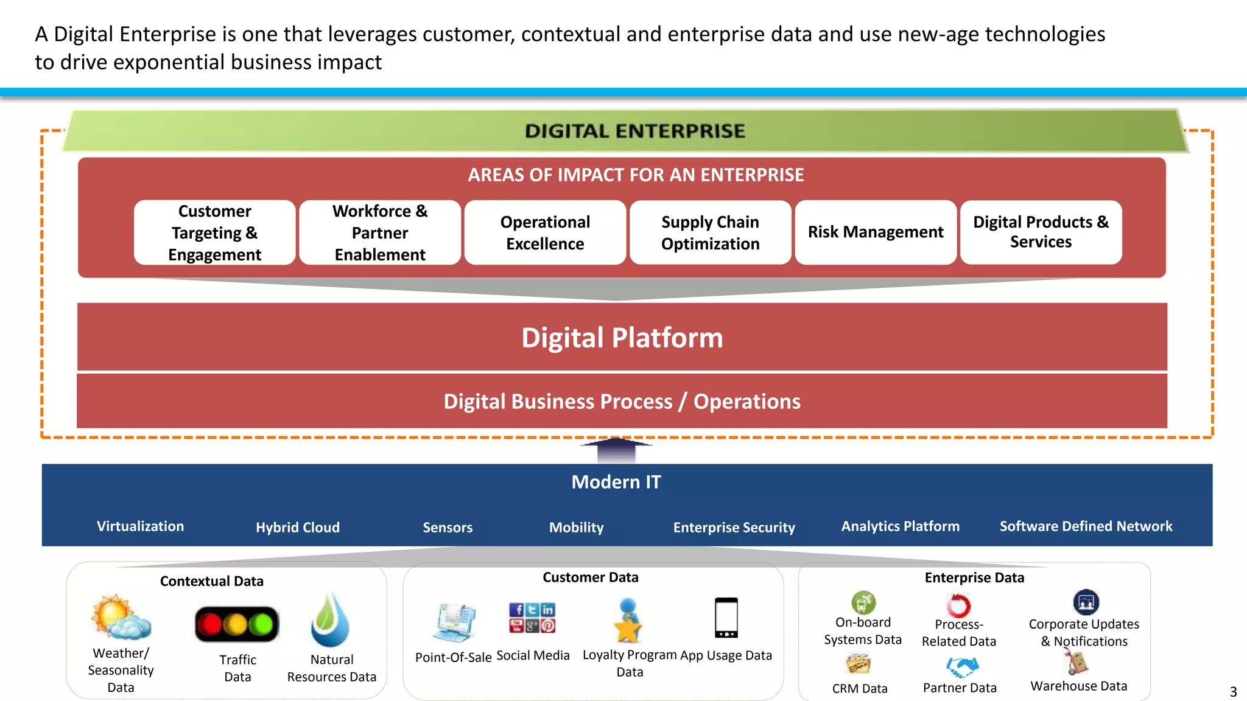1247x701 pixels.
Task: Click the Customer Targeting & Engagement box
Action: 214,232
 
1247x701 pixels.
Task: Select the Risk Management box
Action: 875,232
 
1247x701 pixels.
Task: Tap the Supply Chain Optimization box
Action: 710,232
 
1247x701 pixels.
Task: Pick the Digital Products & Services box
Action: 1041,232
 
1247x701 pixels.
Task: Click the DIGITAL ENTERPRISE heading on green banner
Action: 634,131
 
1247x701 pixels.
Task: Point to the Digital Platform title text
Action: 622,338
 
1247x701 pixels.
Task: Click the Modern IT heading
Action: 616,482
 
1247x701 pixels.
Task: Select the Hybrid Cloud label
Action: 298,528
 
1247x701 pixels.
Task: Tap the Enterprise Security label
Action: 734,528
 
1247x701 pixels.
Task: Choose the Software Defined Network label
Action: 1086,526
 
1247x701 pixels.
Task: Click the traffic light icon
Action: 237,624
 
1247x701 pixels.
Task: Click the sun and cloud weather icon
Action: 121,618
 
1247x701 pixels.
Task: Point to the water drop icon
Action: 331,621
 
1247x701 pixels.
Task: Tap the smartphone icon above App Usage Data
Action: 726,618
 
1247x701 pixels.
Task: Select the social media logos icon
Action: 532,618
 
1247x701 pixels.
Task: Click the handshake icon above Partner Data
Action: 962,667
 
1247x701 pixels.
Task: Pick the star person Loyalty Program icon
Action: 628,621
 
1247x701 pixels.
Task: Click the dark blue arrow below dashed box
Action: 616,450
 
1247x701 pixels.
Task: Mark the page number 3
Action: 1233,692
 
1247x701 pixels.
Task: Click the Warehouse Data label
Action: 1078,686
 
